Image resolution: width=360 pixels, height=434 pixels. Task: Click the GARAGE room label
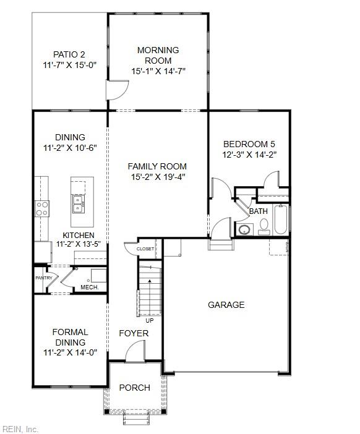click(226, 305)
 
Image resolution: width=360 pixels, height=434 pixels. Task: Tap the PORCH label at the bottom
click(134, 388)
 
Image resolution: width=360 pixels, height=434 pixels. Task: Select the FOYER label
click(134, 334)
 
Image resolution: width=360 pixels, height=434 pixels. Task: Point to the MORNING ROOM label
click(158, 55)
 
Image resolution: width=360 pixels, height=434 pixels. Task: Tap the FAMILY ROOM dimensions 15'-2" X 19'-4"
click(157, 177)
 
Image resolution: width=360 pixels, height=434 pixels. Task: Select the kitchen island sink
click(79, 200)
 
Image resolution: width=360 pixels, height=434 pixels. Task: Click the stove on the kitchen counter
click(42, 208)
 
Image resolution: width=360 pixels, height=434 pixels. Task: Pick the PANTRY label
click(43, 278)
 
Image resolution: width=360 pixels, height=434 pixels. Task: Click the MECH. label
click(89, 287)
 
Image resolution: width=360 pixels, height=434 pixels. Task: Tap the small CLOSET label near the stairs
click(146, 249)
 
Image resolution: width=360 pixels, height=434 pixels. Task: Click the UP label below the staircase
click(149, 320)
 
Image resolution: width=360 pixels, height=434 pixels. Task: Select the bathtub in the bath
click(281, 219)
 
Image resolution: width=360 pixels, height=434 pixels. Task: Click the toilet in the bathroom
click(264, 228)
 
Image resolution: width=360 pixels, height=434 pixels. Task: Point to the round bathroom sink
click(245, 230)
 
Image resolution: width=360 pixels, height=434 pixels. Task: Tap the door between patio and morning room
click(117, 90)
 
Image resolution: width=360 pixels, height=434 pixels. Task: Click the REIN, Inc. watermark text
click(21, 428)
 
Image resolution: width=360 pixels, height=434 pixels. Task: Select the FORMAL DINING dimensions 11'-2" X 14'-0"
click(70, 353)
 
